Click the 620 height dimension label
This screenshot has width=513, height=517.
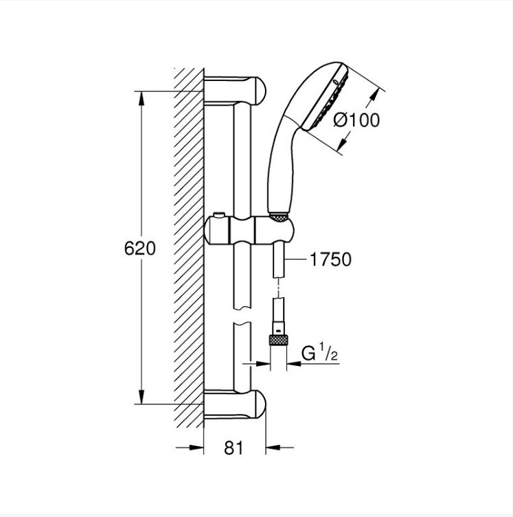(140, 249)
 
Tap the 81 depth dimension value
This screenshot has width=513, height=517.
(233, 448)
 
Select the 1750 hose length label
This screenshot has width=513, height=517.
(331, 259)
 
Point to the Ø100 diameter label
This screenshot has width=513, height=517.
(356, 119)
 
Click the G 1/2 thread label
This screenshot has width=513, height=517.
(319, 354)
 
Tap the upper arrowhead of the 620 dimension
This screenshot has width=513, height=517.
(141, 99)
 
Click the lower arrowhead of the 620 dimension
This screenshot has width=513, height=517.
(141, 396)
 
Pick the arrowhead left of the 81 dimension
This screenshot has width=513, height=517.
(196, 448)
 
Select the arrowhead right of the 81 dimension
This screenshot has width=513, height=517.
(273, 448)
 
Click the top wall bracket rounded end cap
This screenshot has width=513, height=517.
(259, 90)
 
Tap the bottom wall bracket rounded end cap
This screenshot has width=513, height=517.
(259, 404)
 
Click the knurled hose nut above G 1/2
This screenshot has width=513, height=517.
(279, 340)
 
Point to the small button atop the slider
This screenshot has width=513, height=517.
(218, 215)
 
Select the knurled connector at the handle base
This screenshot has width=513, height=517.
(279, 216)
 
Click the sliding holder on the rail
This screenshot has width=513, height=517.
(249, 231)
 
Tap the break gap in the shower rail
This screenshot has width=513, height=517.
(242, 316)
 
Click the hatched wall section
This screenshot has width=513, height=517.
(189, 247)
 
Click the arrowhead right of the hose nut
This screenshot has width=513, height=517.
(294, 363)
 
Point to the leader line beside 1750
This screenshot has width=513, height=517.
(296, 259)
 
